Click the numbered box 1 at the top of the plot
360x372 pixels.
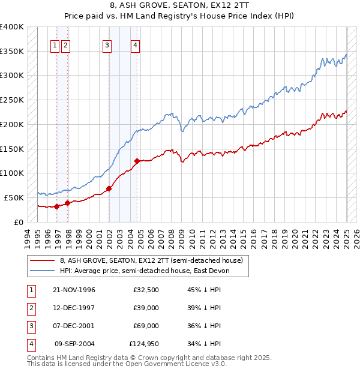(x=55, y=44)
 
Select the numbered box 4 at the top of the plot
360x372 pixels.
(x=136, y=44)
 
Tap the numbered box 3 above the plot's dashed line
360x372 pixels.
(x=107, y=44)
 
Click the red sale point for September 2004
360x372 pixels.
(x=137, y=161)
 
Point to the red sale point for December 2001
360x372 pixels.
(x=109, y=188)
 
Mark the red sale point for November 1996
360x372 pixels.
(x=57, y=206)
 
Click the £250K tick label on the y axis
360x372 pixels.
(x=11, y=100)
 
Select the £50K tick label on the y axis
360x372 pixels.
(x=14, y=197)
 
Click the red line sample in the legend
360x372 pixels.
(x=43, y=261)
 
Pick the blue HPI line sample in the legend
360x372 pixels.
(x=43, y=271)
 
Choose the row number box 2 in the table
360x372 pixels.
(x=31, y=308)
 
